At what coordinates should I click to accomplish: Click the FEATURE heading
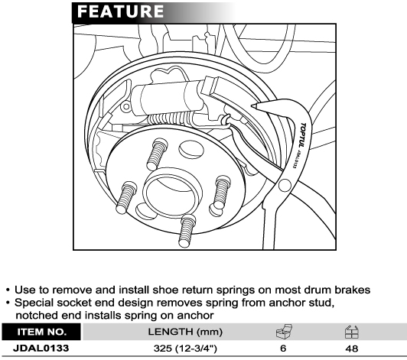click(x=120, y=11)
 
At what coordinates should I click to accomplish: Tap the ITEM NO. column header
click(x=42, y=332)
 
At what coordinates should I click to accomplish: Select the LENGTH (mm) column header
click(x=185, y=332)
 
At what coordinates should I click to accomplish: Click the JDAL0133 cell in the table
click(x=41, y=348)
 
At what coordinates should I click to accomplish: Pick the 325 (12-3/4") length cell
click(x=185, y=349)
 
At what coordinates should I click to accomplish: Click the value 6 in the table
click(x=283, y=349)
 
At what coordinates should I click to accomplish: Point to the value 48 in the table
click(x=352, y=349)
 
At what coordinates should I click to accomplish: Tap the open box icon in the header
click(x=284, y=332)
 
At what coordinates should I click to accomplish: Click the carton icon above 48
click(x=352, y=332)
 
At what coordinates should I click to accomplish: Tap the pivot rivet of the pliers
click(x=285, y=186)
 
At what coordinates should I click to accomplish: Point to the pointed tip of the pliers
click(x=253, y=105)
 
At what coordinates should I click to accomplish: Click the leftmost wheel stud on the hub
click(x=126, y=198)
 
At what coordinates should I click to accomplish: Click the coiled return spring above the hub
click(x=170, y=118)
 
